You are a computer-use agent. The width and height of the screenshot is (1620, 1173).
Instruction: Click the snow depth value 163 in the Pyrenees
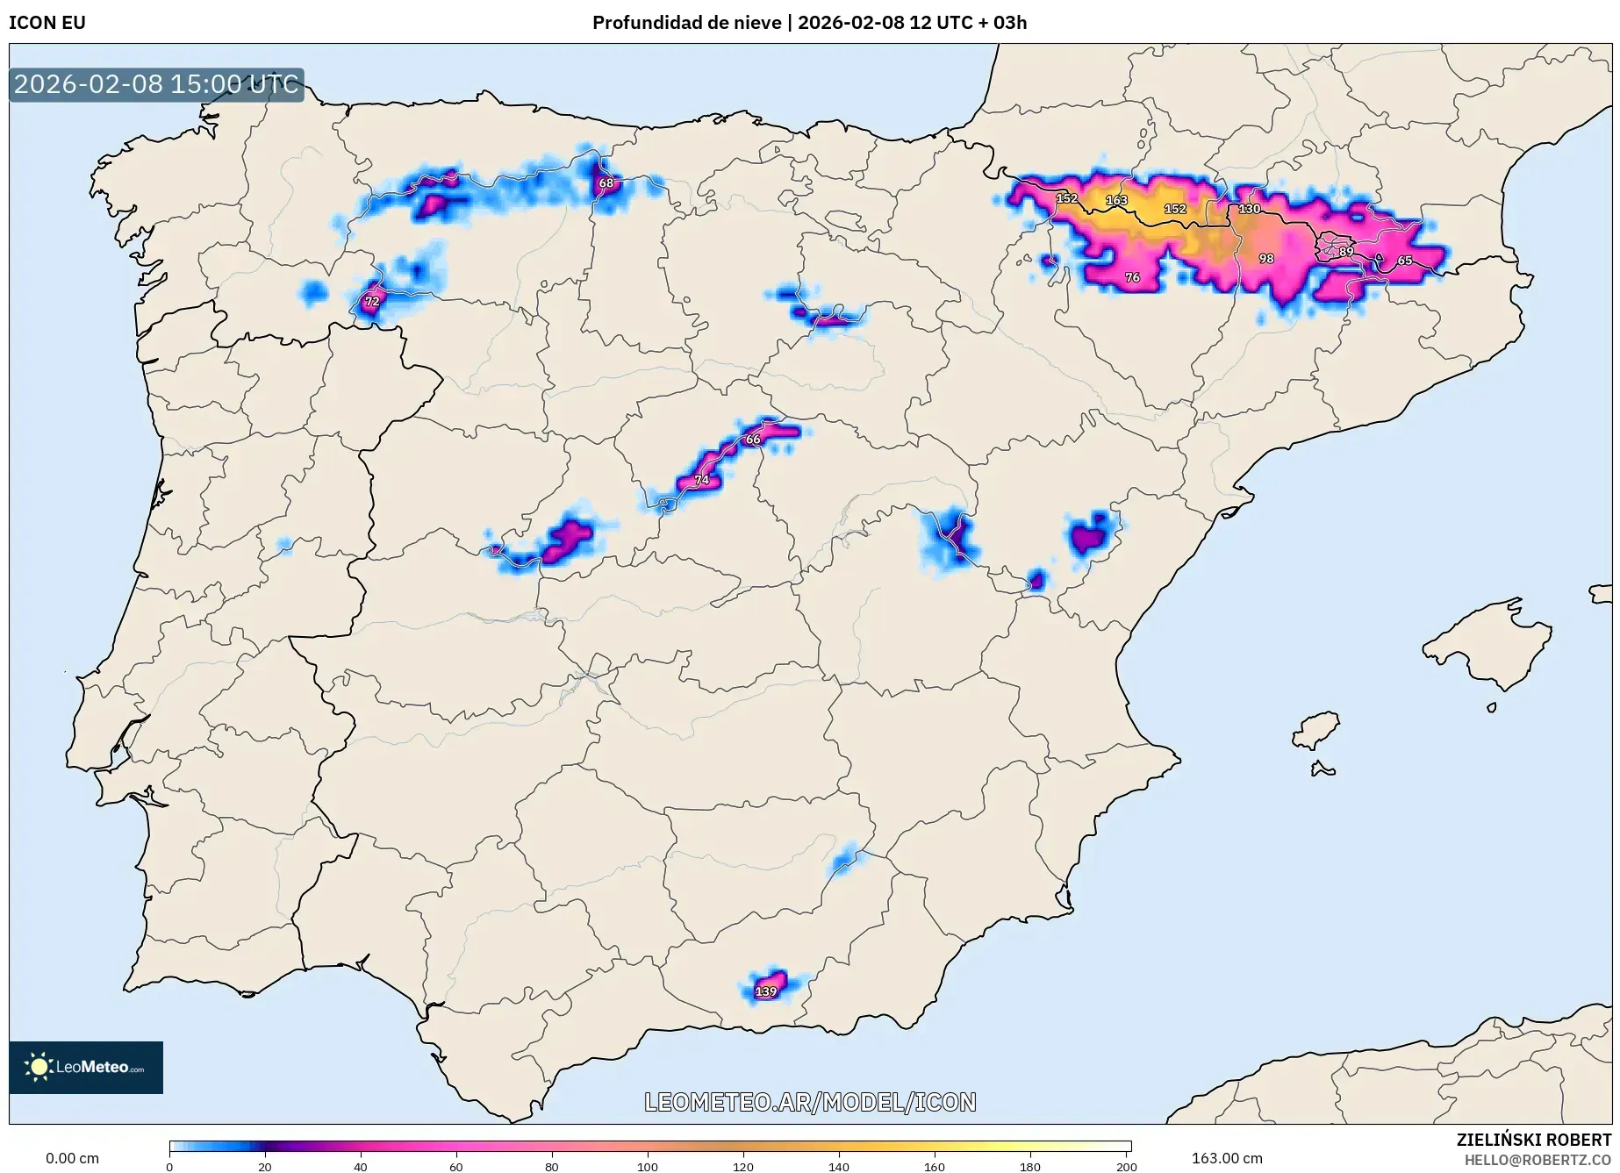[x=1115, y=200]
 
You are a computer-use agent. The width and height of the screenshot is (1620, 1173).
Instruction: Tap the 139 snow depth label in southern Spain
[x=766, y=991]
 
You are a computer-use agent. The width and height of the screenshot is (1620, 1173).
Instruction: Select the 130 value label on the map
[x=1249, y=209]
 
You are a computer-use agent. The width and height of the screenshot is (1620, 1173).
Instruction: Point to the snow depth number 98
[x=1265, y=259]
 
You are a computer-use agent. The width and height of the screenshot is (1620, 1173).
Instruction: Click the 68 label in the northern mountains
[x=606, y=183]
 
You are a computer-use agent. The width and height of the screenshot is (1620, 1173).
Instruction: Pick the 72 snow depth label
[x=372, y=301]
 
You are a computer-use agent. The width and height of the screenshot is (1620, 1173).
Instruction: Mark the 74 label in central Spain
[x=702, y=480]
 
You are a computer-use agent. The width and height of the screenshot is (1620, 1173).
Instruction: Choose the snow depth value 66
[x=753, y=440]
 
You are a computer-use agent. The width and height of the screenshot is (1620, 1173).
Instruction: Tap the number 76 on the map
[x=1132, y=277]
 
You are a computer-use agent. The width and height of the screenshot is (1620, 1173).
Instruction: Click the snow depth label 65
[x=1405, y=261]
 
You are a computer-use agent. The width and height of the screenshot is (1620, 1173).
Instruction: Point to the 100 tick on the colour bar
[x=647, y=1166]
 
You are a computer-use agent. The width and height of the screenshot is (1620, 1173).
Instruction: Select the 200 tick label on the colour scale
[x=1126, y=1166]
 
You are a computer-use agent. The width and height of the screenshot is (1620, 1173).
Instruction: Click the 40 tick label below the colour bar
[x=360, y=1166]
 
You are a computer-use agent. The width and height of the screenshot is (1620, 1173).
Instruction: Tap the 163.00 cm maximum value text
[x=1227, y=1158]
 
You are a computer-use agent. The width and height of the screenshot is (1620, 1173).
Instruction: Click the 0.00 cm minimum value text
[x=72, y=1158]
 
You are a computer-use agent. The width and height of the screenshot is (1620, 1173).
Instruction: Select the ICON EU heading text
[x=47, y=23]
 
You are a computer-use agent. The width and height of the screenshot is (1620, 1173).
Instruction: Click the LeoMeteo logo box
[x=86, y=1067]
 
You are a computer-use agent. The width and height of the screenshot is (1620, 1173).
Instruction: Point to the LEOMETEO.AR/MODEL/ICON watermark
[x=810, y=1102]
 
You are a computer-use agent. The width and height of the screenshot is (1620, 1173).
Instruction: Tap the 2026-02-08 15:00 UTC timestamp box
[x=156, y=84]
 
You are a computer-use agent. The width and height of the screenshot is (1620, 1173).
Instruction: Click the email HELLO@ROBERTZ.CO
[x=1538, y=1160]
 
